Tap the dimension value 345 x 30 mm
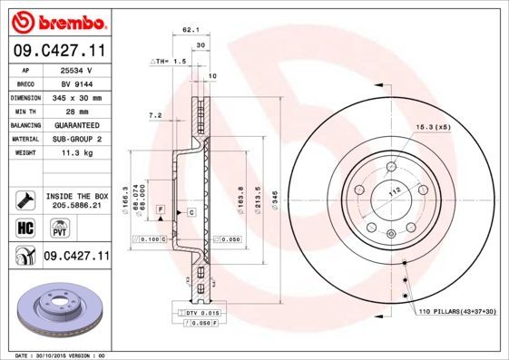tap(74, 97)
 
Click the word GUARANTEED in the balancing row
tap(74, 124)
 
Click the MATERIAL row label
tap(23, 138)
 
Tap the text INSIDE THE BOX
tap(75, 196)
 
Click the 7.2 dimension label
tap(154, 115)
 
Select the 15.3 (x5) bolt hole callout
tap(433, 127)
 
